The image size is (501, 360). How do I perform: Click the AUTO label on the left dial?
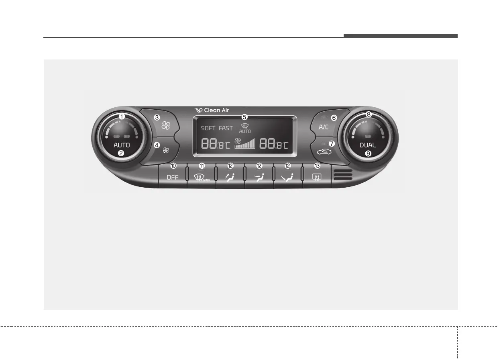122,145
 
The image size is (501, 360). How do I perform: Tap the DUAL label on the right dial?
368,145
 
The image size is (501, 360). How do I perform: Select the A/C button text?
324,127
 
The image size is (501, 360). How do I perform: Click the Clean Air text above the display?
216,110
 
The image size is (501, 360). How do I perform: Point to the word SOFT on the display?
208,128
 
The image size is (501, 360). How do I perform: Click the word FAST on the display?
226,128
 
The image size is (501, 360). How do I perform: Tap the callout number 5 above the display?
244,117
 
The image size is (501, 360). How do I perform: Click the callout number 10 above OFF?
173,166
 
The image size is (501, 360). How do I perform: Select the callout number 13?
317,166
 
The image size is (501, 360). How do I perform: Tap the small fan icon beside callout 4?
166,150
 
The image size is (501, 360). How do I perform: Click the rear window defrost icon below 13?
317,177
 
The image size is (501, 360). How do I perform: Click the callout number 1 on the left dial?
121,117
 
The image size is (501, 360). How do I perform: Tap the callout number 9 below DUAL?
368,153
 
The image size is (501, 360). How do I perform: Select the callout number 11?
202,166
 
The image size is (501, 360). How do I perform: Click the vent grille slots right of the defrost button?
342,175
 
